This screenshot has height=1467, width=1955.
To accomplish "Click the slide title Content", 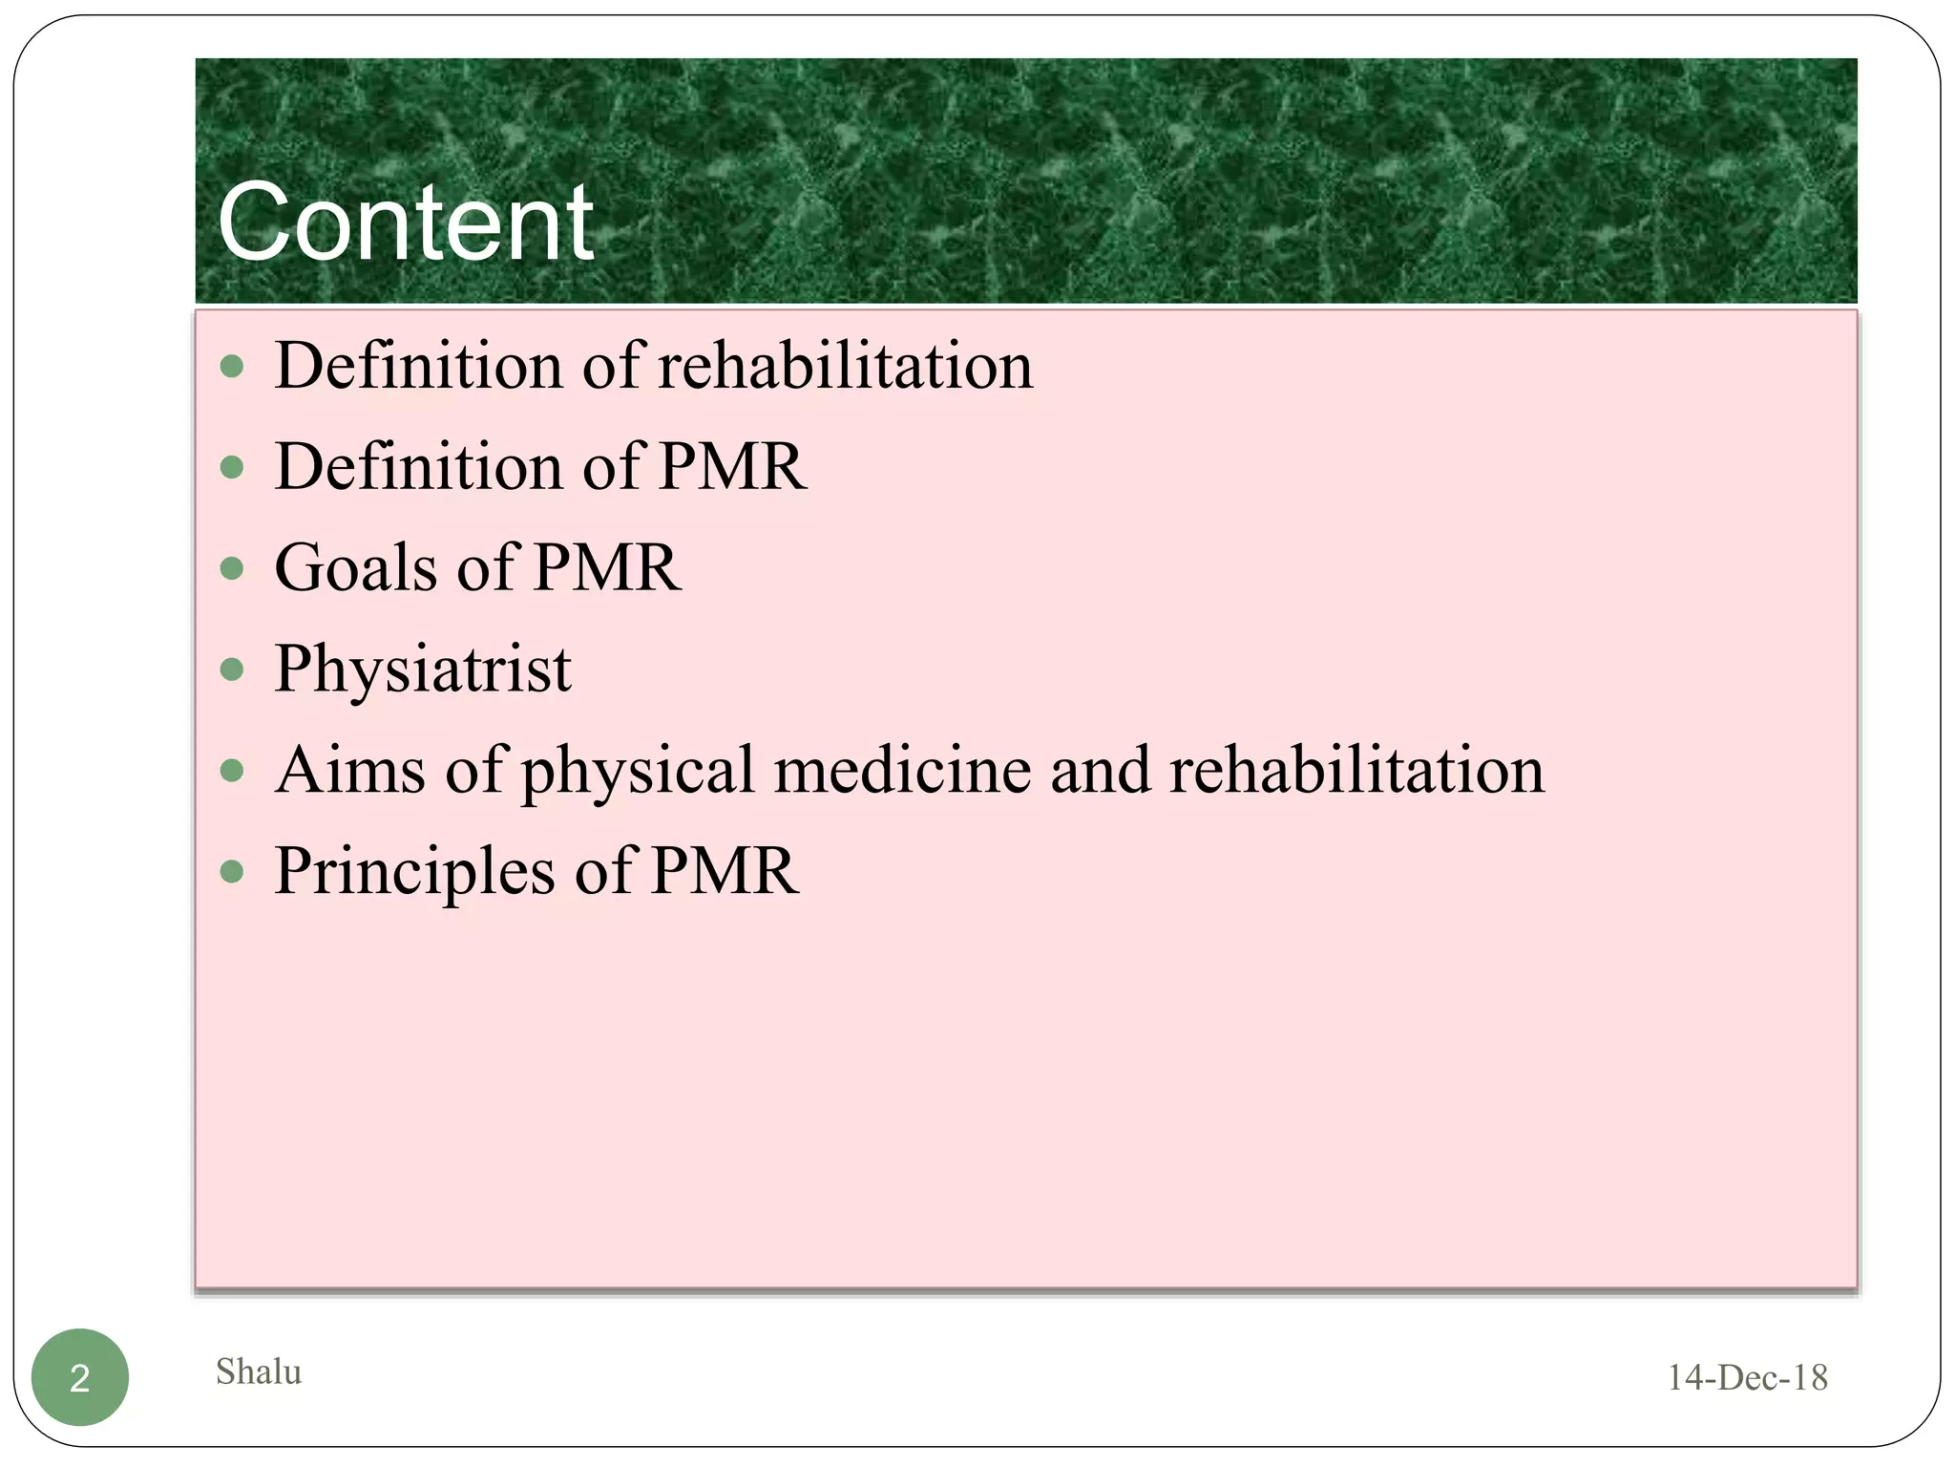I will [406, 223].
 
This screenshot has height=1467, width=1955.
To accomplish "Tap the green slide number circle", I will [80, 1377].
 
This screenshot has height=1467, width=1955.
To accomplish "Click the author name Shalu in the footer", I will [259, 1371].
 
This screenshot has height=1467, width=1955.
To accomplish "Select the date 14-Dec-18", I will [1747, 1377].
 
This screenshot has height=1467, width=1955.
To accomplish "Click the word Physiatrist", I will [423, 669].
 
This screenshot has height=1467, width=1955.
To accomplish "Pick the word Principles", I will [414, 871].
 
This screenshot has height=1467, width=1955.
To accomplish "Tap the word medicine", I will [902, 770].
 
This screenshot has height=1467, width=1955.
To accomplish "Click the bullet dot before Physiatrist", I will [232, 669].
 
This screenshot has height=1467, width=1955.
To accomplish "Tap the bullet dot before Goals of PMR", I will [232, 568].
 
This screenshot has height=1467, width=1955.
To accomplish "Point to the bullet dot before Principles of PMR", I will [232, 871].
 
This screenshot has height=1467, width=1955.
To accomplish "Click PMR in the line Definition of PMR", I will [732, 467].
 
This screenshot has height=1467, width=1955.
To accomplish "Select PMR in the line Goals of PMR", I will [606, 567].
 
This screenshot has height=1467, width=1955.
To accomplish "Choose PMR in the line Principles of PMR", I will [725, 871].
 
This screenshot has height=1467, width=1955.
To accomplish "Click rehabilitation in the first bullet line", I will [846, 366].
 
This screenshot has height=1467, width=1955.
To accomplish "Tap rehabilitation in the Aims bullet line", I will [1356, 770].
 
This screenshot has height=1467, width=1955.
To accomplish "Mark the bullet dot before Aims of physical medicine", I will [232, 770].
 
